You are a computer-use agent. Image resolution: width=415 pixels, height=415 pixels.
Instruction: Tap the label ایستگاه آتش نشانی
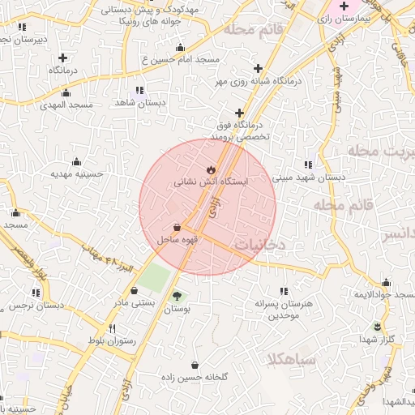tap(212, 183)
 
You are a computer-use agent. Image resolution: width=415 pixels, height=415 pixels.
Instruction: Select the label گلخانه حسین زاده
tap(195, 378)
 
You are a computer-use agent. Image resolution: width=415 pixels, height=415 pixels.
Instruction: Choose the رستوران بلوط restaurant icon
tap(112, 328)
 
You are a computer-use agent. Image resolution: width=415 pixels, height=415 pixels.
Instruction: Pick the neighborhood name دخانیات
tap(259, 242)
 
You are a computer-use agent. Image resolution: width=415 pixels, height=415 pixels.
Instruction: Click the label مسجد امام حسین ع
tap(179, 59)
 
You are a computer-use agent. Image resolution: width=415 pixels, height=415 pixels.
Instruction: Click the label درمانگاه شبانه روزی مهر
tap(259, 81)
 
